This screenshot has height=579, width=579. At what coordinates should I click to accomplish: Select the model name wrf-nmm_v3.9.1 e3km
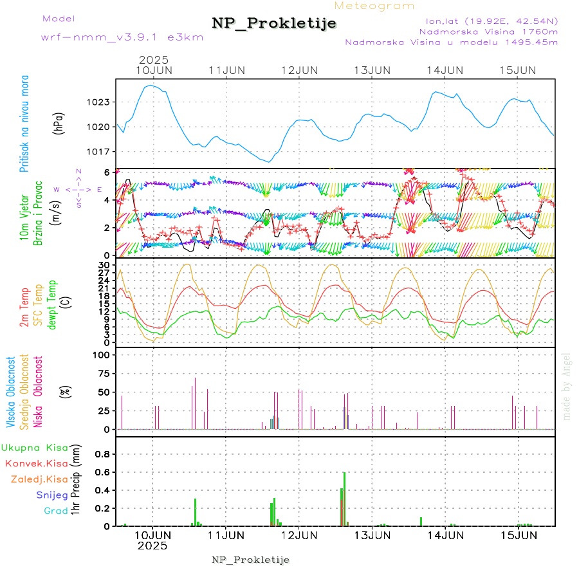click(122, 37)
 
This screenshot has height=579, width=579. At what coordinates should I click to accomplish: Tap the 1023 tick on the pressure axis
click(99, 102)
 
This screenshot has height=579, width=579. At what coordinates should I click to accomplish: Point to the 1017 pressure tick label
click(99, 151)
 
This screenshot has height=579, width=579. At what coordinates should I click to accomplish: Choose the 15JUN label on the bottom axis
click(518, 535)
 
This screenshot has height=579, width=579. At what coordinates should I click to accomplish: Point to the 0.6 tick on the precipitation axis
click(103, 472)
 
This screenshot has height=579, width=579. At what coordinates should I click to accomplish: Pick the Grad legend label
click(55, 511)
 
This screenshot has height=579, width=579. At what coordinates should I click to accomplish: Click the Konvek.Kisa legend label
click(36, 463)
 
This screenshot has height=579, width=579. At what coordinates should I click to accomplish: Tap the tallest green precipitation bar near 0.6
click(344, 499)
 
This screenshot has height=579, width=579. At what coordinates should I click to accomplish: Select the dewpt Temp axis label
click(51, 304)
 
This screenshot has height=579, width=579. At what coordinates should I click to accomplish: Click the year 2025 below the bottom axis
click(152, 546)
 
